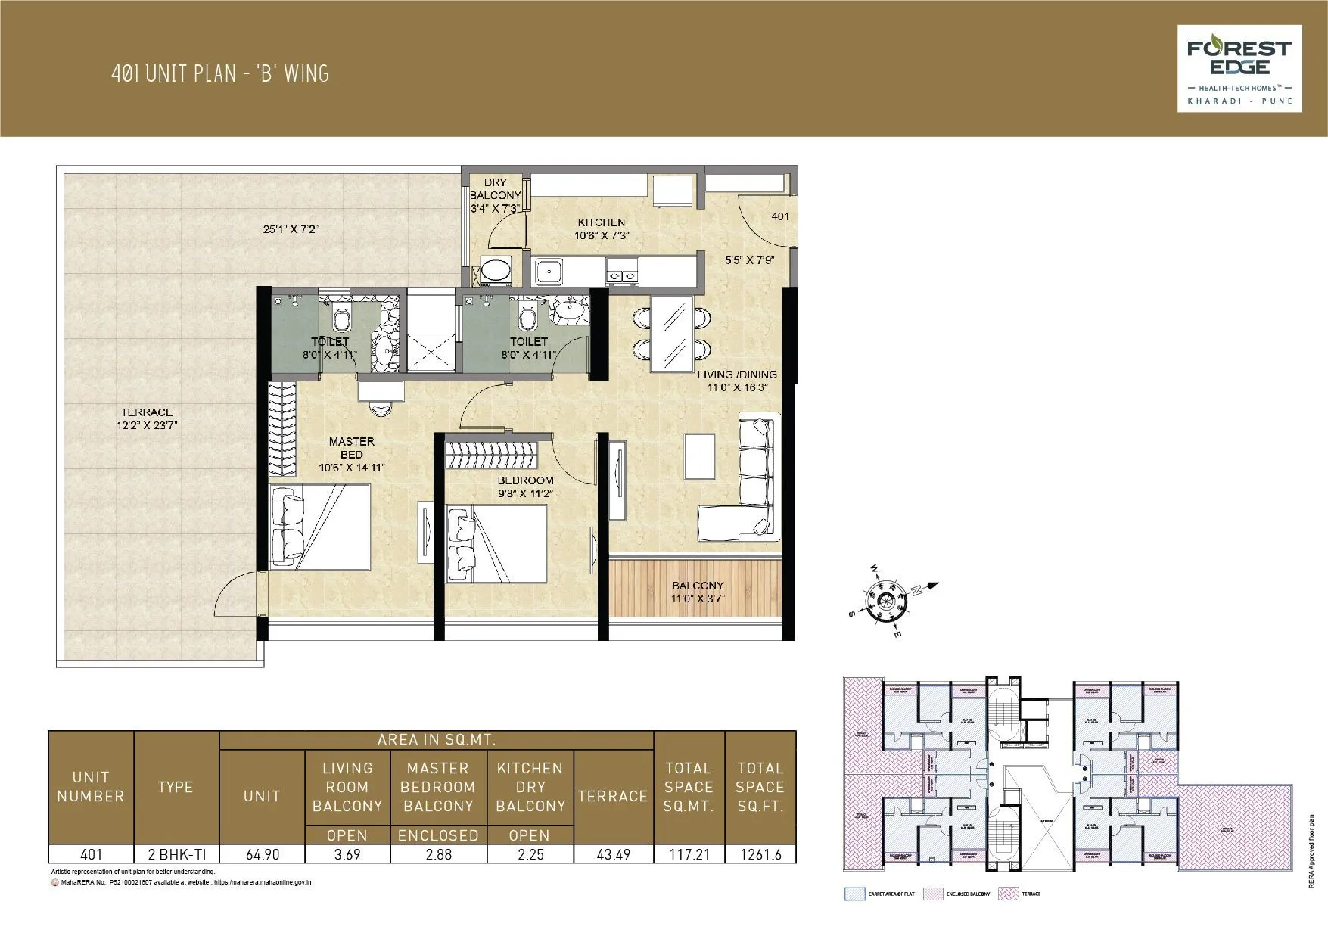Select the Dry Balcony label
[x=496, y=194]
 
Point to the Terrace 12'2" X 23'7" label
[x=147, y=418]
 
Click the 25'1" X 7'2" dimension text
[x=285, y=229]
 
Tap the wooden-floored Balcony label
[x=697, y=591]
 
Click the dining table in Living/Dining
[x=670, y=334]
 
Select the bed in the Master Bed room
[x=320, y=525]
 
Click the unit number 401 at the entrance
[x=779, y=216]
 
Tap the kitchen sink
[x=548, y=270]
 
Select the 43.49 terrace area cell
[x=612, y=854]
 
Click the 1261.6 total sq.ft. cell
[x=759, y=854]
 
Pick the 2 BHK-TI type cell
[x=176, y=854]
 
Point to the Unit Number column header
[x=91, y=787]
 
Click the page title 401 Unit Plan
[x=219, y=73]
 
